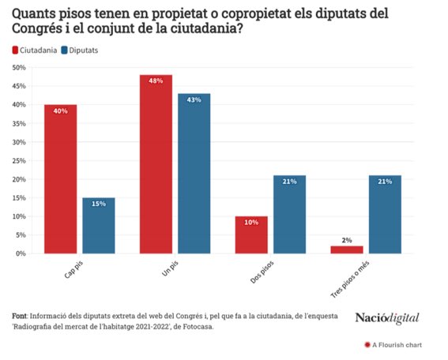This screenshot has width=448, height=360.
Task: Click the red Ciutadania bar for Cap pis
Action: click(x=60, y=179)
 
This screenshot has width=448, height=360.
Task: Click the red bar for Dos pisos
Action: click(x=251, y=235)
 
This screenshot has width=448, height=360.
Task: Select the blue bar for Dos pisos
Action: click(x=289, y=215)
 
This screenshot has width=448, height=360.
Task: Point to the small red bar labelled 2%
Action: click(x=347, y=249)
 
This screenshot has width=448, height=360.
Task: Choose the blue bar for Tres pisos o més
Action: click(x=385, y=215)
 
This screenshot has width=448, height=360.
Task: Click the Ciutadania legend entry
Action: click(x=36, y=51)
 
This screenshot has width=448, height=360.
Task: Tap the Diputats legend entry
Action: click(x=83, y=51)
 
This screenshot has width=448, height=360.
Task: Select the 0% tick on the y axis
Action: click(x=20, y=253)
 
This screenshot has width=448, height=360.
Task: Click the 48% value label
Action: click(x=156, y=81)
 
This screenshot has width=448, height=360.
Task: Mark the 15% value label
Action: click(x=98, y=204)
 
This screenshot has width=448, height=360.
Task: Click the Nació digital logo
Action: click(x=386, y=317)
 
